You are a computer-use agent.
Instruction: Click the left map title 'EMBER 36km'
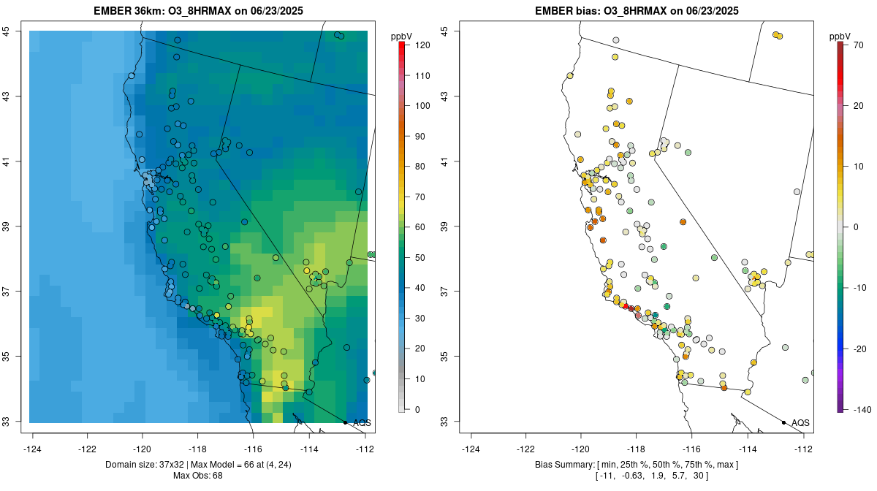coord(129,12)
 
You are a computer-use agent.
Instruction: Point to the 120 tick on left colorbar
coord(421,45)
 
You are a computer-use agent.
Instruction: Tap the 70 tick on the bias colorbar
coord(858,45)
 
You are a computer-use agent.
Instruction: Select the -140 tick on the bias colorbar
coord(859,410)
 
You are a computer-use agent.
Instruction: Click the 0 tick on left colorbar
coord(417,410)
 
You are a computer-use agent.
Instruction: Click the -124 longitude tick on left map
coord(33,449)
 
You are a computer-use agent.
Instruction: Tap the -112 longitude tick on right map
coord(802,449)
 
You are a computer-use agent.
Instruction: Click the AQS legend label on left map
coord(362,423)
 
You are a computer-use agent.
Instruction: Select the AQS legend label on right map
coord(800,423)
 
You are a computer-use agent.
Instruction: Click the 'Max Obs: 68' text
coord(197,476)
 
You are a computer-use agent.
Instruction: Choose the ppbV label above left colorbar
coord(402,36)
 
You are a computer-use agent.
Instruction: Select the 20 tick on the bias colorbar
coord(858,106)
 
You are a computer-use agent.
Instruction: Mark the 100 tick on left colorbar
coord(421,106)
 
